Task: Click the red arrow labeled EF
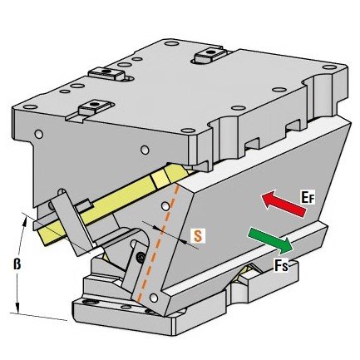click(x=284, y=204)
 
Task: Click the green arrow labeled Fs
click(x=270, y=240)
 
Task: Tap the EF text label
click(x=308, y=198)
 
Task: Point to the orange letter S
click(x=198, y=235)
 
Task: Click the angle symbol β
click(x=17, y=264)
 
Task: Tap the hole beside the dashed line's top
click(x=165, y=206)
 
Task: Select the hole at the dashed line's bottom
click(x=153, y=298)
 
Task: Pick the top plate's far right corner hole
click(x=329, y=67)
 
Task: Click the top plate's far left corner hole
click(x=30, y=107)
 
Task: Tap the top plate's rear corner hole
click(x=171, y=43)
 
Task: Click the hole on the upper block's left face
click(x=39, y=134)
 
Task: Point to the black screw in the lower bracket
click(x=141, y=256)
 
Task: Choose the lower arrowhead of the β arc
click(x=17, y=309)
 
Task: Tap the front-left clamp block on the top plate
click(x=93, y=107)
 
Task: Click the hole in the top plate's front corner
click(x=189, y=131)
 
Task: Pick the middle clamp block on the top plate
click(x=108, y=74)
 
